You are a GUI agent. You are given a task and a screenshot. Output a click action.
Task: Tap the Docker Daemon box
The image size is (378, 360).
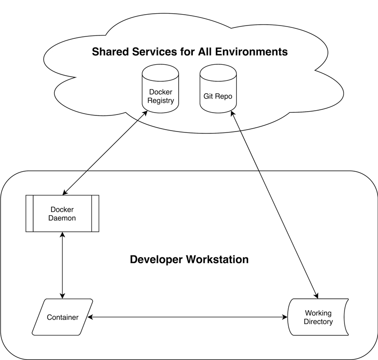pos(62,213)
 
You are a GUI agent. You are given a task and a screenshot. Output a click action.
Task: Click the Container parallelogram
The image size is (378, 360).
pos(62,317)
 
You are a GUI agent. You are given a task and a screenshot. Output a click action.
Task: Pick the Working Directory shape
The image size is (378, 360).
pos(318,317)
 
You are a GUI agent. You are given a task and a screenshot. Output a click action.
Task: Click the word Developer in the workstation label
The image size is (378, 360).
pos(157,260)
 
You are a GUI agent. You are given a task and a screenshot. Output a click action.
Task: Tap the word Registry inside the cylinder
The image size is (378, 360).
pos(161,100)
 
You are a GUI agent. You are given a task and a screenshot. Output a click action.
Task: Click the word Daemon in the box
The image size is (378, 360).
pos(62,218)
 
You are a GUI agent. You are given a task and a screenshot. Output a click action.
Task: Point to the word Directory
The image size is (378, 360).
pos(318,322)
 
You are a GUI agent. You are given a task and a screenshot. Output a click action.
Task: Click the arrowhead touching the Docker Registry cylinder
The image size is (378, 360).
pos(145,113)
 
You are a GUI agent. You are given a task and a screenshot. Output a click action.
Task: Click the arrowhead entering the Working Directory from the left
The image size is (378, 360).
pos(285,317)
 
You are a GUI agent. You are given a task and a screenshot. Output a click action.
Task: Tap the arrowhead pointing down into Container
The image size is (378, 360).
pos(62,296)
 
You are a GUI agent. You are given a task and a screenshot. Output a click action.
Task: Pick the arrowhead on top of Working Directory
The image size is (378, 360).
pos(316,296)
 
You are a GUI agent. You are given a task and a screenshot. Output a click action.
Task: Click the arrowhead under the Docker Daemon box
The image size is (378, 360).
pos(62,235)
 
